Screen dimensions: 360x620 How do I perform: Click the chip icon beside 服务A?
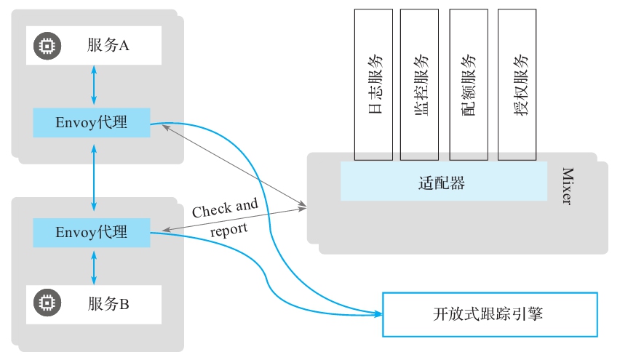46,46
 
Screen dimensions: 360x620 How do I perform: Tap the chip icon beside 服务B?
46,303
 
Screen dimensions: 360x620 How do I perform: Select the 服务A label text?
107,46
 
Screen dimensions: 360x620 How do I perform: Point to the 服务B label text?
107,303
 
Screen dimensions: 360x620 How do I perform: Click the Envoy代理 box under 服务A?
91,123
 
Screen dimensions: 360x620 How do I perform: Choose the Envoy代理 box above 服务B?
91,232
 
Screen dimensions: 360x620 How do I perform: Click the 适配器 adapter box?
443,182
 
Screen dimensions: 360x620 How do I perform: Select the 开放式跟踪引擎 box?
490,314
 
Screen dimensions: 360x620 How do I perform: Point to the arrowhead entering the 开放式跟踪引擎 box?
378,314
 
